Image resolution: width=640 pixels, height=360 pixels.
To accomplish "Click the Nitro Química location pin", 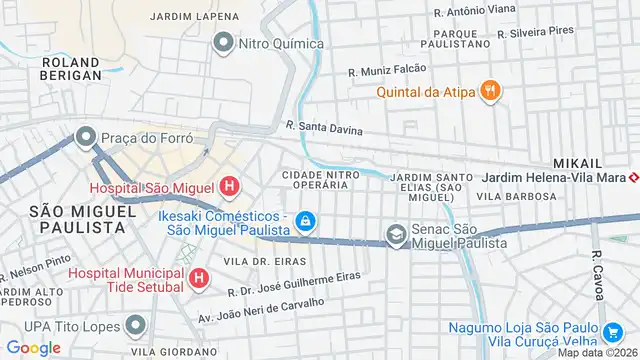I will pyautogui.click(x=223, y=43).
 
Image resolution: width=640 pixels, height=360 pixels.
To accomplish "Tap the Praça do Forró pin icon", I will pyautogui.click(x=85, y=136).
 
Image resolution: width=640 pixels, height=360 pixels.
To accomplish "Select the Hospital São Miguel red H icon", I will pyautogui.click(x=230, y=186).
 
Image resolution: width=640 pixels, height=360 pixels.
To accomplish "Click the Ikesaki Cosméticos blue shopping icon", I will pyautogui.click(x=306, y=221).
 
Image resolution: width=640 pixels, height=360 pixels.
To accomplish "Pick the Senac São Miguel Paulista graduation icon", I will pyautogui.click(x=396, y=235).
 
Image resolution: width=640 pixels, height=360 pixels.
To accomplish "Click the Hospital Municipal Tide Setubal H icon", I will pyautogui.click(x=200, y=277).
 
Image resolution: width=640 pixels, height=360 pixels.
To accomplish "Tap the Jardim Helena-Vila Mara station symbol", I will pyautogui.click(x=634, y=178).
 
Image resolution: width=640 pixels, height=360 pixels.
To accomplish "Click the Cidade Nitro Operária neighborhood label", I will pyautogui.click(x=321, y=181).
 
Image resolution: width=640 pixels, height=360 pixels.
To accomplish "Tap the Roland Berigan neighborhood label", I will pyautogui.click(x=71, y=67).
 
